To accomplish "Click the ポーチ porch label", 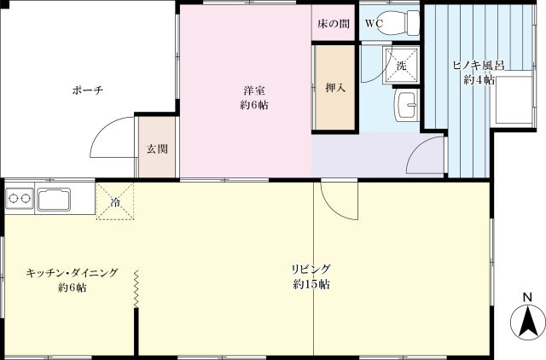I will pyautogui.click(x=87, y=92).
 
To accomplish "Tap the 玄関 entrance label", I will pyautogui.click(x=156, y=148).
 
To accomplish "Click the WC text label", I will pyautogui.click(x=373, y=24).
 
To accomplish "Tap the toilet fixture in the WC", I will pyautogui.click(x=405, y=22).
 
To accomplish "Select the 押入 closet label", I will pyautogui.click(x=334, y=87).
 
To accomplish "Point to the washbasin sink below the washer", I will pyautogui.click(x=407, y=105).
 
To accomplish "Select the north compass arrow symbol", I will pyautogui.click(x=527, y=322).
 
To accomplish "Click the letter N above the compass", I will pyautogui.click(x=527, y=298).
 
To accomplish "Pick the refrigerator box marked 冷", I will pyautogui.click(x=115, y=202).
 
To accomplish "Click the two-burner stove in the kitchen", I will pyautogui.click(x=19, y=201).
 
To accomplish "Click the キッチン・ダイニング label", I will pyautogui.click(x=72, y=273).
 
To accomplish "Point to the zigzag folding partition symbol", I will pyautogui.click(x=135, y=290).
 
